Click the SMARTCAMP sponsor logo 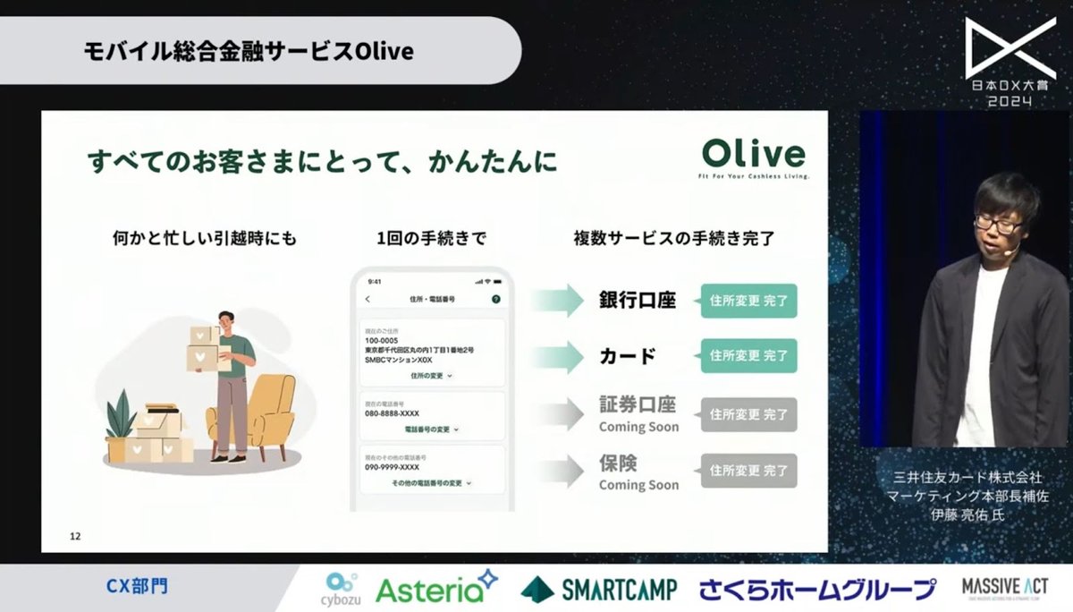pyautogui.click(x=598, y=588)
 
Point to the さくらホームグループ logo pyautogui.click(x=817, y=588)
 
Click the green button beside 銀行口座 pyautogui.click(x=748, y=302)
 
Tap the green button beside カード pyautogui.click(x=748, y=355)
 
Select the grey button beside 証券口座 pyautogui.click(x=748, y=414)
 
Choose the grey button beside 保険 pyautogui.click(x=748, y=470)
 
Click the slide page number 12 pyautogui.click(x=75, y=537)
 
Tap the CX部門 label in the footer pyautogui.click(x=137, y=587)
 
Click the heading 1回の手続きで pyautogui.click(x=432, y=239)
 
